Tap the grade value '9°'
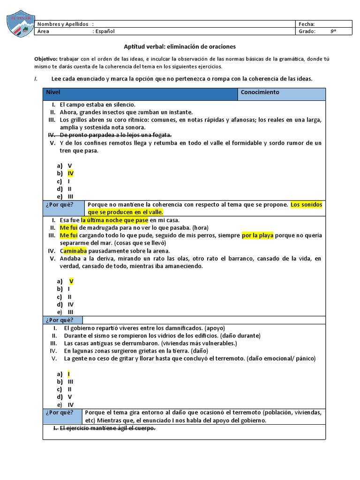click(333, 31)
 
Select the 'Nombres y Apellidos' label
click(63, 24)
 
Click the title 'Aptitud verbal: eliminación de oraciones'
click(180, 47)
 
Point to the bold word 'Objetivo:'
click(45, 59)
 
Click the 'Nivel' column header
click(53, 92)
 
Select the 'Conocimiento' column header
click(260, 92)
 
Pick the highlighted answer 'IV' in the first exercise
click(70, 173)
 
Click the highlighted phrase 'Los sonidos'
click(306, 205)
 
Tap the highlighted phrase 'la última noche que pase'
click(114, 220)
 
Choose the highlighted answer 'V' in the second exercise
click(71, 281)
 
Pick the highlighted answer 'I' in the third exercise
click(68, 374)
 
